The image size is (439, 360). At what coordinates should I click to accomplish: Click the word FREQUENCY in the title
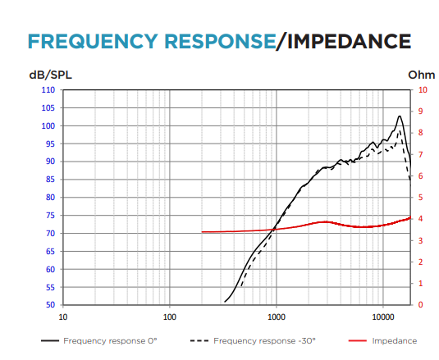tap(93, 41)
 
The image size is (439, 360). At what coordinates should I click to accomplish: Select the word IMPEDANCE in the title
tap(349, 41)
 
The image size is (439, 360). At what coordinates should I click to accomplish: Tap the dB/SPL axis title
tap(50, 75)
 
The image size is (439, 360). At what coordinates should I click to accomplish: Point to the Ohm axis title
tap(422, 75)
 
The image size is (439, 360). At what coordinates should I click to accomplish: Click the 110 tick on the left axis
tap(48, 89)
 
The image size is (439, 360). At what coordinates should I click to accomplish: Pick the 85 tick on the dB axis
tap(50, 180)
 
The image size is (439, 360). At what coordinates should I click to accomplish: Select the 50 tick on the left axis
tap(50, 304)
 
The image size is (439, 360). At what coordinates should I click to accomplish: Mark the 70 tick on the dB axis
tap(50, 233)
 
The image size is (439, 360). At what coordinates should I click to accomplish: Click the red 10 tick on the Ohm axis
tap(423, 89)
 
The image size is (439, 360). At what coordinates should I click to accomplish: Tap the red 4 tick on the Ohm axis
tap(420, 218)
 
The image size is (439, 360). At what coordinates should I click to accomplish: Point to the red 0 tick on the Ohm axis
tap(420, 304)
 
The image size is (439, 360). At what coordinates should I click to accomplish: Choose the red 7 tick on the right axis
tap(420, 154)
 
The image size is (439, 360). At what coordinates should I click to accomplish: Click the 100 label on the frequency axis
tap(170, 317)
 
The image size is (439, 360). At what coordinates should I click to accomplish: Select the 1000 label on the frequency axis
tap(277, 317)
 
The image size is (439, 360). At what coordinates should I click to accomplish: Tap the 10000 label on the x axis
tap(383, 317)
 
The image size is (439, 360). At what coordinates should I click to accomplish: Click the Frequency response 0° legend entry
tap(99, 340)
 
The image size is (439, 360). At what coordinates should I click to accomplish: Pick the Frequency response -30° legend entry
tap(253, 340)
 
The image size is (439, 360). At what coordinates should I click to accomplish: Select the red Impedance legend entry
tap(382, 340)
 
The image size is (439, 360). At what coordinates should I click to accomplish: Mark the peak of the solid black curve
tap(400, 116)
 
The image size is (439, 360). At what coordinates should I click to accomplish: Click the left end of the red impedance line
tap(202, 232)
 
